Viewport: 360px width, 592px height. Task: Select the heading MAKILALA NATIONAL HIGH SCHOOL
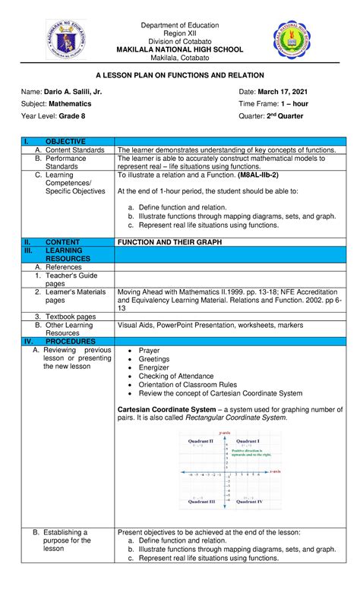pos(180,49)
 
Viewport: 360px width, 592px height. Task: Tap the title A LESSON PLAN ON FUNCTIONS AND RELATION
pos(180,75)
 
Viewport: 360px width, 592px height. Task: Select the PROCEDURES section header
pos(71,342)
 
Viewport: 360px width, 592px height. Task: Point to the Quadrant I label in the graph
pos(248,440)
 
